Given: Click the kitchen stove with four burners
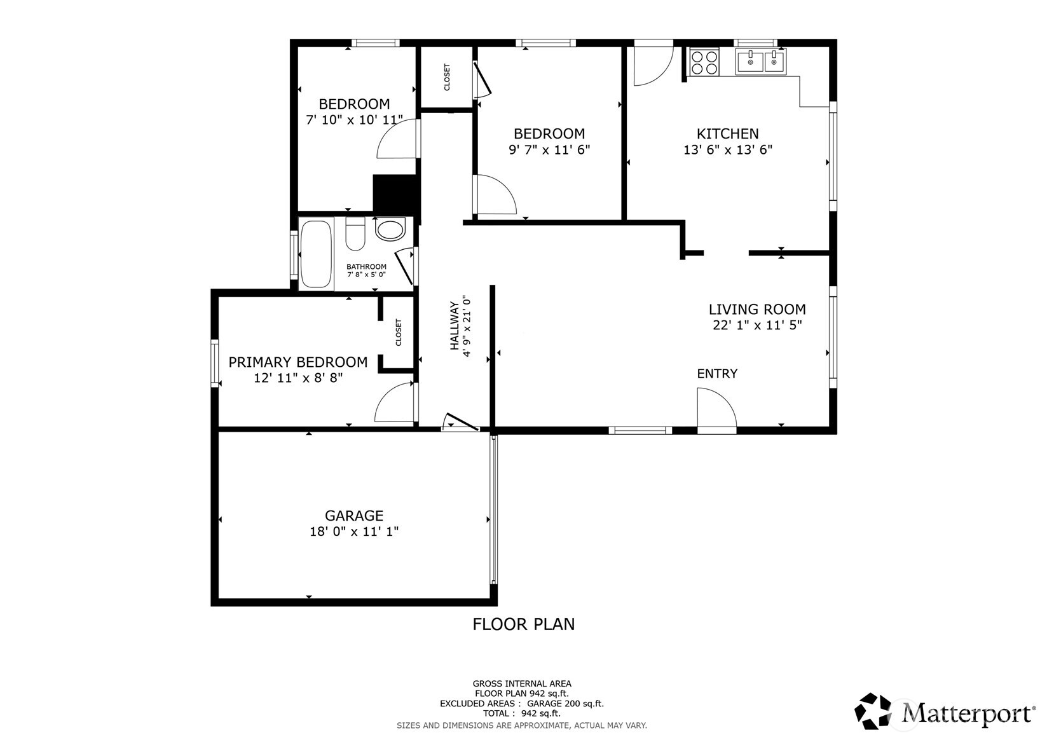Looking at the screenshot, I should (x=703, y=62).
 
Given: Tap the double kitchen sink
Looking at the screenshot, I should (x=760, y=62).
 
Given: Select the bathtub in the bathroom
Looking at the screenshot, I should (x=316, y=254).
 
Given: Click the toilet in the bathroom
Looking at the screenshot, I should (x=355, y=235).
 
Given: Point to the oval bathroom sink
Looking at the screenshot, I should (x=390, y=230).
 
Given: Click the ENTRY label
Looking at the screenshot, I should (x=717, y=374).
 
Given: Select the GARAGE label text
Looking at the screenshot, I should (x=354, y=516).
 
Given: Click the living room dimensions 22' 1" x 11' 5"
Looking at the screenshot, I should (x=757, y=325).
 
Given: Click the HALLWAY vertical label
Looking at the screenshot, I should (x=455, y=325).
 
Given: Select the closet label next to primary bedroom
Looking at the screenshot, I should (x=399, y=332).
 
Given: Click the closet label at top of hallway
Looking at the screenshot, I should (x=447, y=77).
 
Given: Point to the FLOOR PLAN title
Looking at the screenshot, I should (x=523, y=624).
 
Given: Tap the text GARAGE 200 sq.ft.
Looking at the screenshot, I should (x=565, y=704).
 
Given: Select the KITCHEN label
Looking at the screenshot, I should (x=727, y=134).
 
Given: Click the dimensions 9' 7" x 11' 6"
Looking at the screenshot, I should (x=549, y=150).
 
